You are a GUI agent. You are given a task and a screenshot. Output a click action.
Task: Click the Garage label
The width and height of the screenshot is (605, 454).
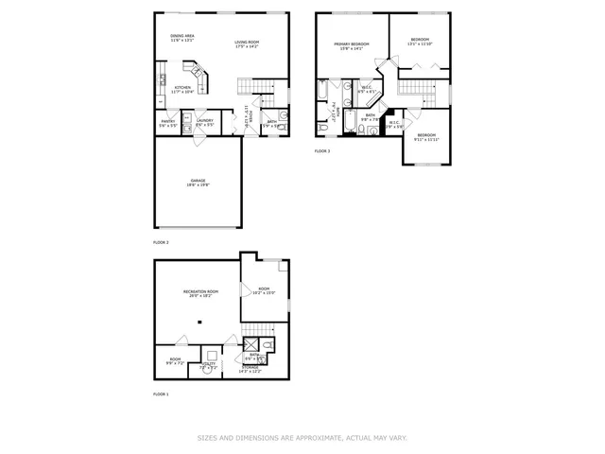click(x=198, y=183)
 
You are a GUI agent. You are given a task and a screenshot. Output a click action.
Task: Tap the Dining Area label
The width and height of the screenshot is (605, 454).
click(x=182, y=38)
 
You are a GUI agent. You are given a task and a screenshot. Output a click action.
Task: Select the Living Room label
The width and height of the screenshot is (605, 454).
click(x=247, y=44)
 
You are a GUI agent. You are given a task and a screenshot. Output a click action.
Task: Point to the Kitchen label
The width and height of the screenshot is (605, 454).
click(x=183, y=90)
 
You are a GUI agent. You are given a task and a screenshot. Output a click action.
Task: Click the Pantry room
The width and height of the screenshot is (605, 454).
click(x=167, y=123)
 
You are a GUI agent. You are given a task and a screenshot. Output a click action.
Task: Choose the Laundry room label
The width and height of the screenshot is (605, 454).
click(x=204, y=123)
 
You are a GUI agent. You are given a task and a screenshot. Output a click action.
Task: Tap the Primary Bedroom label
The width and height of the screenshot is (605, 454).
click(x=350, y=46)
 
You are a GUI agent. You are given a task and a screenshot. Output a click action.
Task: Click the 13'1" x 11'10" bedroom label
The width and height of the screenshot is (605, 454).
click(x=419, y=42)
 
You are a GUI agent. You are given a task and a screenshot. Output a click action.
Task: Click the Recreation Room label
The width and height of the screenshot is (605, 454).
click(x=200, y=294)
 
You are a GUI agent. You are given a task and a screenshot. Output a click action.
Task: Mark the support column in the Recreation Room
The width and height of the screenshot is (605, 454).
click(x=199, y=323)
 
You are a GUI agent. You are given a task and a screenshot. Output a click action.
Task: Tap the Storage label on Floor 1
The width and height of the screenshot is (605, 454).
click(x=251, y=368)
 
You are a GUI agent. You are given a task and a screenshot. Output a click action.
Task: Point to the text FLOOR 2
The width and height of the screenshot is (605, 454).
click(x=162, y=242)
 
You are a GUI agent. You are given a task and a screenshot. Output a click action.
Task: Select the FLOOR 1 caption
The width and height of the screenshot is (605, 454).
click(x=162, y=393)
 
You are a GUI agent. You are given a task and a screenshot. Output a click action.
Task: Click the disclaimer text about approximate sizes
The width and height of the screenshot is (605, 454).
click(x=302, y=438)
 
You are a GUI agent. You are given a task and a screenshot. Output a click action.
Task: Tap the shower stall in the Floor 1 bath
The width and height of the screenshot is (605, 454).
click(x=252, y=346)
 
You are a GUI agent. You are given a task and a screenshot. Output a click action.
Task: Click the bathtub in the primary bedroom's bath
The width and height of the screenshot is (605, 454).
click(x=322, y=97)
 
